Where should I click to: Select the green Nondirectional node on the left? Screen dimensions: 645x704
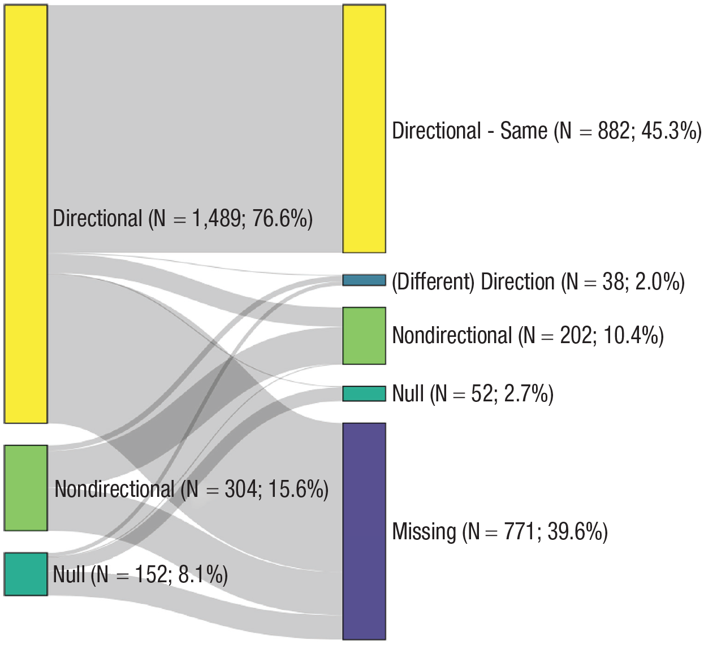point(25,488)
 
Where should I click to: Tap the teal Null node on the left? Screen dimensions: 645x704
point(25,574)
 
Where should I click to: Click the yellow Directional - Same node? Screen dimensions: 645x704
point(364,129)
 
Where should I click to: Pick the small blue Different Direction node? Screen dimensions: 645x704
point(364,280)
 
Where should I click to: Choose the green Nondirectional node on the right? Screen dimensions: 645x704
point(364,336)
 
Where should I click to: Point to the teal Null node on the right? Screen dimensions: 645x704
point(364,393)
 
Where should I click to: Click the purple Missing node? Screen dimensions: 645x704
point(364,531)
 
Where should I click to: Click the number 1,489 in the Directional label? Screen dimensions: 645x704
point(215,218)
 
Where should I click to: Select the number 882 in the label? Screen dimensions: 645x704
point(614,131)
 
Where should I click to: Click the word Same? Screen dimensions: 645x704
point(524,131)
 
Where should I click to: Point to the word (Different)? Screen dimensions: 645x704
point(433,282)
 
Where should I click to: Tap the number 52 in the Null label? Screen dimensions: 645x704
point(481,393)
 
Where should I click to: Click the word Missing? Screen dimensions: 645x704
point(424,531)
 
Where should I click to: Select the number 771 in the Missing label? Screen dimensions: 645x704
point(519,531)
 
